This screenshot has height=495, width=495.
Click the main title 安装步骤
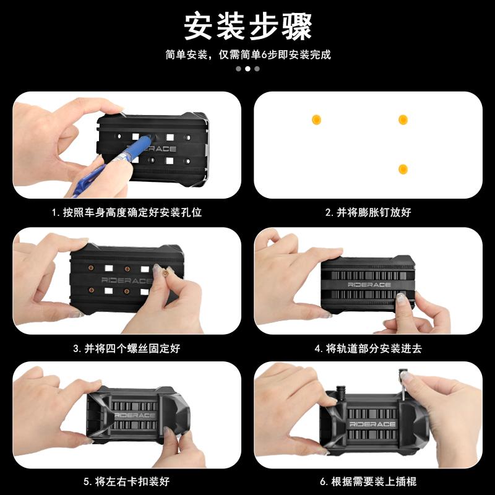point(248,26)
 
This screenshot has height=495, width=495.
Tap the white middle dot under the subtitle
point(248,69)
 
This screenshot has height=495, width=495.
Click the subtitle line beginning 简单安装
point(248,54)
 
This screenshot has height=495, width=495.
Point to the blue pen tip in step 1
point(149,138)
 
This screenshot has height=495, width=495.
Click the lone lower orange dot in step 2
point(403,169)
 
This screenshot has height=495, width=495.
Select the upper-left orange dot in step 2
point(316,119)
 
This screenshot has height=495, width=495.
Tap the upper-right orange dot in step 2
point(403,119)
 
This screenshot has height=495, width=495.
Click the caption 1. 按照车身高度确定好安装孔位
point(127,212)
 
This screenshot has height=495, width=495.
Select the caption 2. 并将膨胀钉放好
point(368,212)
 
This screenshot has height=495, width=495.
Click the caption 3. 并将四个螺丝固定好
point(127,348)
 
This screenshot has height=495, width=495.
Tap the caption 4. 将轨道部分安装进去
point(368,348)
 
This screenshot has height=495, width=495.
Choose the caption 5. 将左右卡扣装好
point(127,481)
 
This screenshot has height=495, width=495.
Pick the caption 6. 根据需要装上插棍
point(368,481)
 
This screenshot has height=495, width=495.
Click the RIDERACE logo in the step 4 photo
point(369,285)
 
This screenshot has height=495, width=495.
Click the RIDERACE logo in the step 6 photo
point(372,424)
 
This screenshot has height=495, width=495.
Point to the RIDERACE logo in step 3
point(127,280)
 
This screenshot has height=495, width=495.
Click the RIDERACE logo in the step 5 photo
point(134,415)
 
